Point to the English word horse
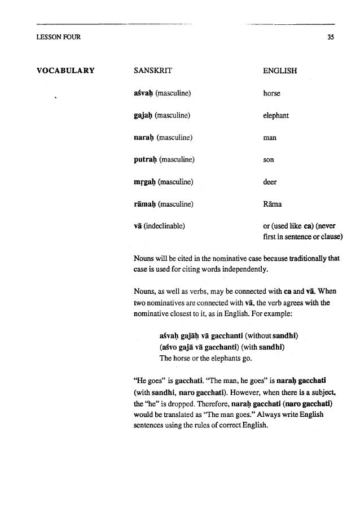[x=271, y=93]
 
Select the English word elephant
[x=276, y=115]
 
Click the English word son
[x=269, y=160]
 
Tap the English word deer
[x=270, y=182]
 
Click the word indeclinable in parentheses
[x=166, y=226]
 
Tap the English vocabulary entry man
[x=269, y=137]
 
